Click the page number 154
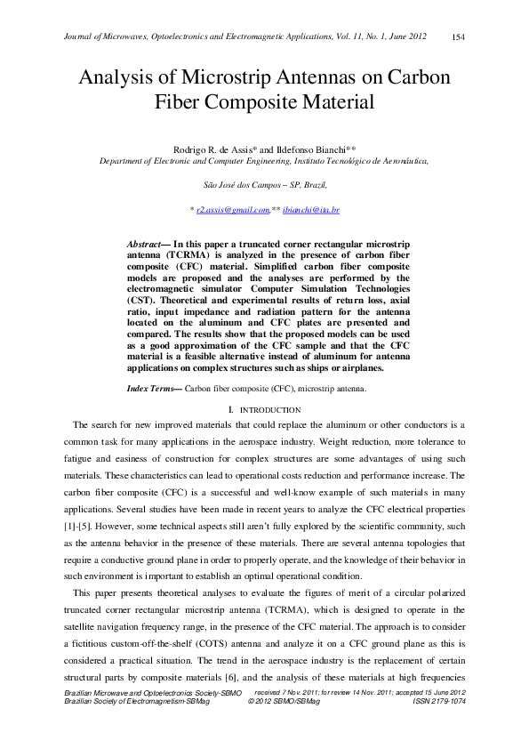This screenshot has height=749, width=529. tap(459, 36)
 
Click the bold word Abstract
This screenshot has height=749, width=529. tap(143, 244)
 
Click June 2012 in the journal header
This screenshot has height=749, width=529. tap(409, 36)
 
